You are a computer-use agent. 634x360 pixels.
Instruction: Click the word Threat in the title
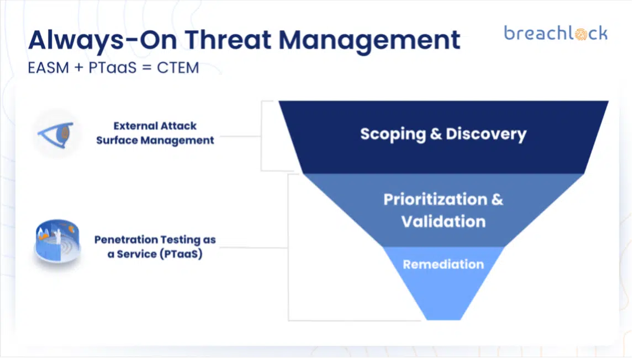pyautogui.click(x=228, y=40)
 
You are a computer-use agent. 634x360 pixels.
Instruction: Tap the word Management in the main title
pyautogui.click(x=369, y=41)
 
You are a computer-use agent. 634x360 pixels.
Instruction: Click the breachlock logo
pyautogui.click(x=556, y=33)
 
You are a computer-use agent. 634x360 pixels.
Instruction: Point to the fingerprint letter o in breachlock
pyautogui.click(x=580, y=34)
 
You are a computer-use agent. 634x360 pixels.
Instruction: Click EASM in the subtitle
pyautogui.click(x=49, y=68)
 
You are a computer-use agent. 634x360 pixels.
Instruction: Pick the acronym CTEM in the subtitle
pyautogui.click(x=178, y=68)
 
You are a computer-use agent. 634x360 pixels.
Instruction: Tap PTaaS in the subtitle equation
pyautogui.click(x=113, y=68)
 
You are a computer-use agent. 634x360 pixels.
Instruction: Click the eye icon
pyautogui.click(x=56, y=135)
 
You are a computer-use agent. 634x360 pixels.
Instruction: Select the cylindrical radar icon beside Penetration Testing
pyautogui.click(x=57, y=241)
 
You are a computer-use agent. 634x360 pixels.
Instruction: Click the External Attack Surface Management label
pyautogui.click(x=155, y=133)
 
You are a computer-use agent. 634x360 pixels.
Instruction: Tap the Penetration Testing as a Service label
pyautogui.click(x=155, y=246)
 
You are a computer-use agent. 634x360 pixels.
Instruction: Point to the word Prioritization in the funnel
pyautogui.click(x=436, y=200)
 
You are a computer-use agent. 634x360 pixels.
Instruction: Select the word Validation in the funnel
pyautogui.click(x=443, y=222)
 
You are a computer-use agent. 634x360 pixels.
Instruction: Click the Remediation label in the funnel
pyautogui.click(x=443, y=265)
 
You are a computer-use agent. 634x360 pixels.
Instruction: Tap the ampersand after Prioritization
pyautogui.click(x=498, y=200)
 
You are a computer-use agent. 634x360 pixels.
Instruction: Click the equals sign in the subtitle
pyautogui.click(x=147, y=68)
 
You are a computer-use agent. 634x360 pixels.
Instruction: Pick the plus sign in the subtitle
pyautogui.click(x=79, y=68)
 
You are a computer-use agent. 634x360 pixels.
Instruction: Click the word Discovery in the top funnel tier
pyautogui.click(x=486, y=135)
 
